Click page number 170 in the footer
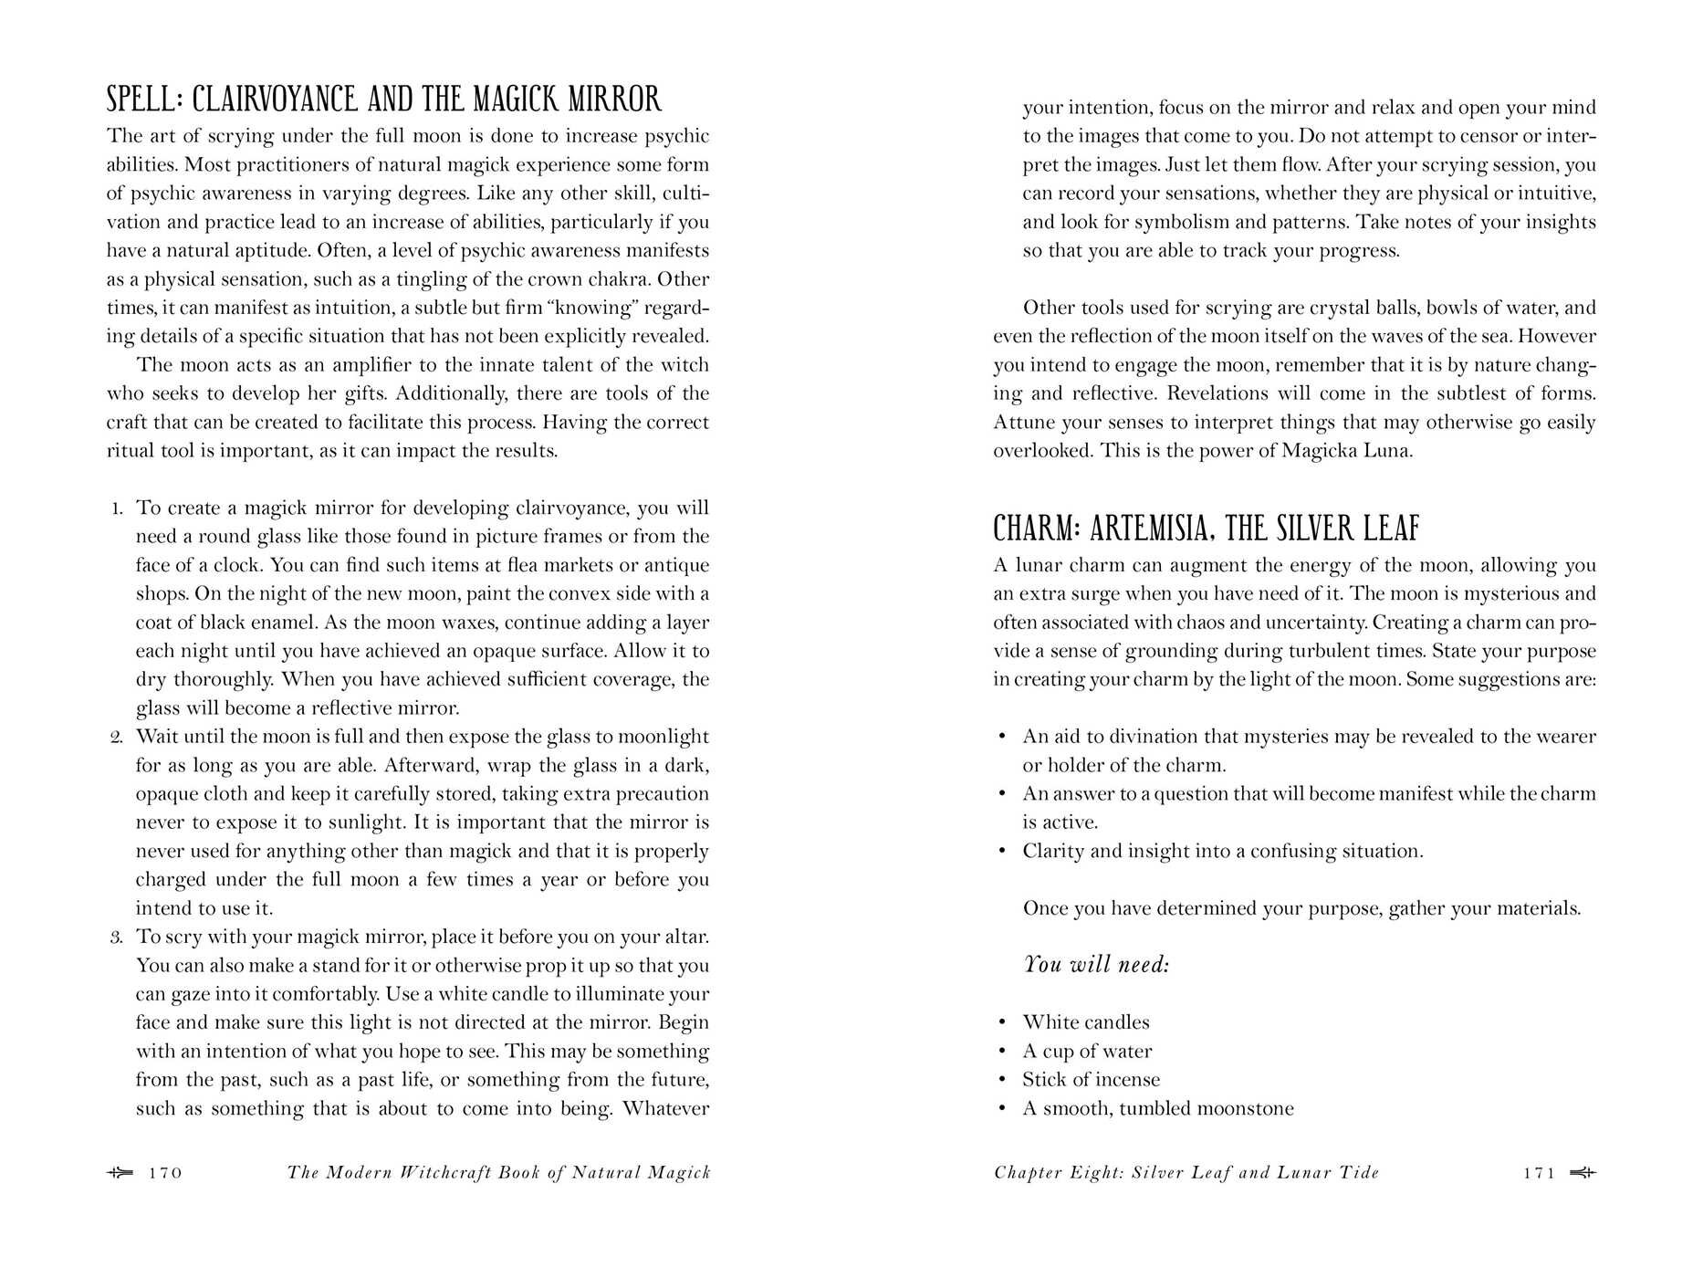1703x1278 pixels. (x=165, y=1173)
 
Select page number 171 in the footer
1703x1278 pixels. (x=1540, y=1173)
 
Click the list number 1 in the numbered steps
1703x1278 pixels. (x=117, y=508)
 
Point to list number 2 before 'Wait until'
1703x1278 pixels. (x=116, y=738)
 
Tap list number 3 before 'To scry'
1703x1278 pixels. (x=116, y=938)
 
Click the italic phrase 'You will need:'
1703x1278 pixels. (x=1096, y=965)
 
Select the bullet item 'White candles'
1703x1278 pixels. (x=1086, y=1022)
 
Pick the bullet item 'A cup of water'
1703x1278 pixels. (x=1087, y=1052)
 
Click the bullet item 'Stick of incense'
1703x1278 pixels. (x=1091, y=1080)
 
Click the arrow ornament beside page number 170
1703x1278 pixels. (x=120, y=1173)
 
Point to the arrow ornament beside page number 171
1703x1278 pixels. (x=1583, y=1173)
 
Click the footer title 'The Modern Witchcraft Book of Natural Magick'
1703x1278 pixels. (x=498, y=1173)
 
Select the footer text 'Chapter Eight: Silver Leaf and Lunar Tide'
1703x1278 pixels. (x=1186, y=1173)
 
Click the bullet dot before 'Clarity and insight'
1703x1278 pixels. (x=1002, y=852)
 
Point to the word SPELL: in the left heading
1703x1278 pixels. (x=144, y=99)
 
